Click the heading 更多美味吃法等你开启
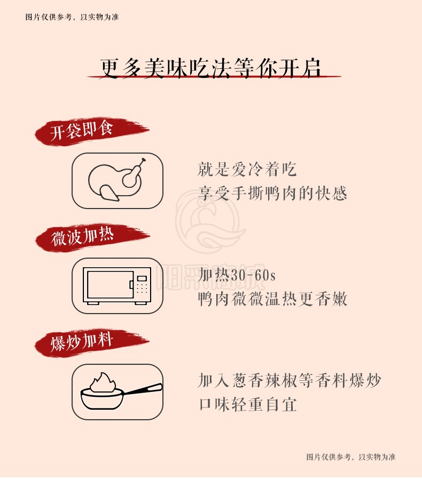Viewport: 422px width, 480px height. [x=210, y=68]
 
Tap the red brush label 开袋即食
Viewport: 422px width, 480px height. [x=91, y=132]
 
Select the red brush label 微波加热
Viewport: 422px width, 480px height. [x=92, y=237]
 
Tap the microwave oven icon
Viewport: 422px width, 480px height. [x=117, y=286]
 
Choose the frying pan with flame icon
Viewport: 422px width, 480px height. [x=121, y=390]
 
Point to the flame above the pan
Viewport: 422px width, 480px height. [x=103, y=382]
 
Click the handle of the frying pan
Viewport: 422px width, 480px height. [x=142, y=390]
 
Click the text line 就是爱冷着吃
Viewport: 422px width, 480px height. [x=247, y=169]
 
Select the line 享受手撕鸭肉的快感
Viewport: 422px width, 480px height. [x=272, y=193]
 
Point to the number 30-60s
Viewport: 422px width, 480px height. [x=253, y=275]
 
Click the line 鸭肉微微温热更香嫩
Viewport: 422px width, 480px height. [x=272, y=299]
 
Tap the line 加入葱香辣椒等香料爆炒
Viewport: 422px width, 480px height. [x=289, y=380]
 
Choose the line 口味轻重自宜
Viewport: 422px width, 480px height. [x=247, y=405]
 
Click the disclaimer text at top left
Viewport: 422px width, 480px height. [x=72, y=17]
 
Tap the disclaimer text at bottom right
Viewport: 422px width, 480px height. [x=351, y=457]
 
